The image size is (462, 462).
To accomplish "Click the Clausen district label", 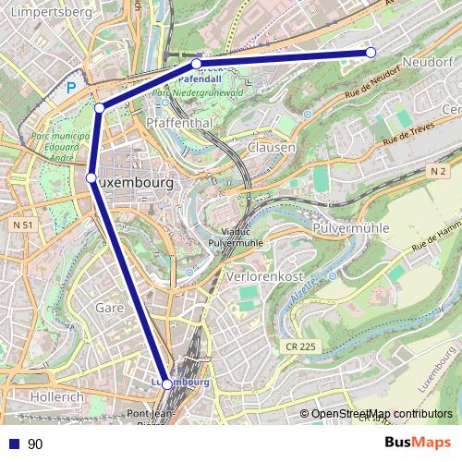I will tap(272, 147).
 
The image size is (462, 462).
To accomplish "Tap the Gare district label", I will tap(110, 307).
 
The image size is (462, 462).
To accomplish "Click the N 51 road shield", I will tap(22, 225).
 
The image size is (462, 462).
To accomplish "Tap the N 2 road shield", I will tap(438, 172).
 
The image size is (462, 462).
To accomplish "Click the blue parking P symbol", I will tap(71, 90).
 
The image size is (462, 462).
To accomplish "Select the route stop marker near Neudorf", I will tap(371, 53).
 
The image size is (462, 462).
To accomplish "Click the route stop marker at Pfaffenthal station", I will tap(196, 65).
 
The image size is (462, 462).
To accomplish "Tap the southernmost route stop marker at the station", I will tap(166, 383).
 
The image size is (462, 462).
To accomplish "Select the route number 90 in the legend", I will tap(35, 444).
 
